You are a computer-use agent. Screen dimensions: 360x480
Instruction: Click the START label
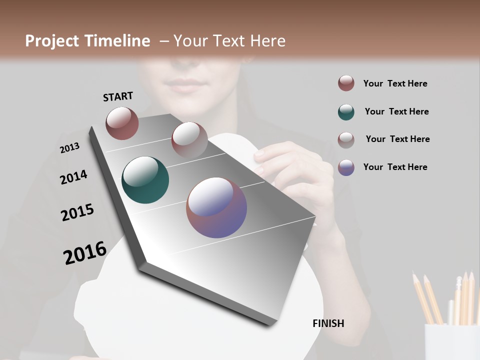[118, 96]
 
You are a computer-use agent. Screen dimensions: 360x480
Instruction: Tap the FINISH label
[328, 323]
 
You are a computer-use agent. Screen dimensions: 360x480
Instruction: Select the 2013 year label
[69, 148]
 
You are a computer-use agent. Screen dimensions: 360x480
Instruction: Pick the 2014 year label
[73, 177]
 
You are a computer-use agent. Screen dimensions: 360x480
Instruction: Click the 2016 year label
[85, 252]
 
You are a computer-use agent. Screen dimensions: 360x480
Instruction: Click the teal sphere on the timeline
[145, 180]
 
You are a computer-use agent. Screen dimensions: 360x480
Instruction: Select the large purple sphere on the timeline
[216, 207]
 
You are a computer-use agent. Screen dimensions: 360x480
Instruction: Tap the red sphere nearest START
[122, 123]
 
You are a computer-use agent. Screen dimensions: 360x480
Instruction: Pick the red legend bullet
[346, 83]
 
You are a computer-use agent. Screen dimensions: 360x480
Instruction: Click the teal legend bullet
[346, 112]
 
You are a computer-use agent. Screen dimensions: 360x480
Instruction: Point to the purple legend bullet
[346, 167]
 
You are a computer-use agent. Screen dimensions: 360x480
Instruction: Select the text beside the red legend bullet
[395, 83]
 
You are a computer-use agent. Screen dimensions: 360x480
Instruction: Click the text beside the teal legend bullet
[396, 111]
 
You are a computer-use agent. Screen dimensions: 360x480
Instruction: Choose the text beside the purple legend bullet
[395, 167]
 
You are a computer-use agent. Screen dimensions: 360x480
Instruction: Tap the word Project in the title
[51, 41]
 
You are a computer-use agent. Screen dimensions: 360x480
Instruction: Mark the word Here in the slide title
[267, 41]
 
